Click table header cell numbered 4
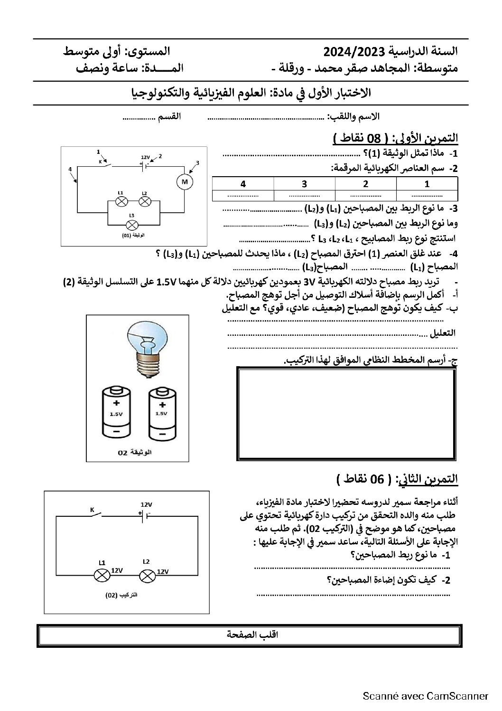coord(243,184)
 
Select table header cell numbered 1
coord(427,184)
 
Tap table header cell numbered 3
coord(304,184)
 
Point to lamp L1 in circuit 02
coord(102,576)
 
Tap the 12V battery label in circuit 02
coord(146,504)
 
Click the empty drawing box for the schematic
coord(346,414)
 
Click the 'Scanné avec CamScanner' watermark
coord(425,696)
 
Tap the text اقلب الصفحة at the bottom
coord(250,635)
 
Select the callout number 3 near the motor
coord(197,163)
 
